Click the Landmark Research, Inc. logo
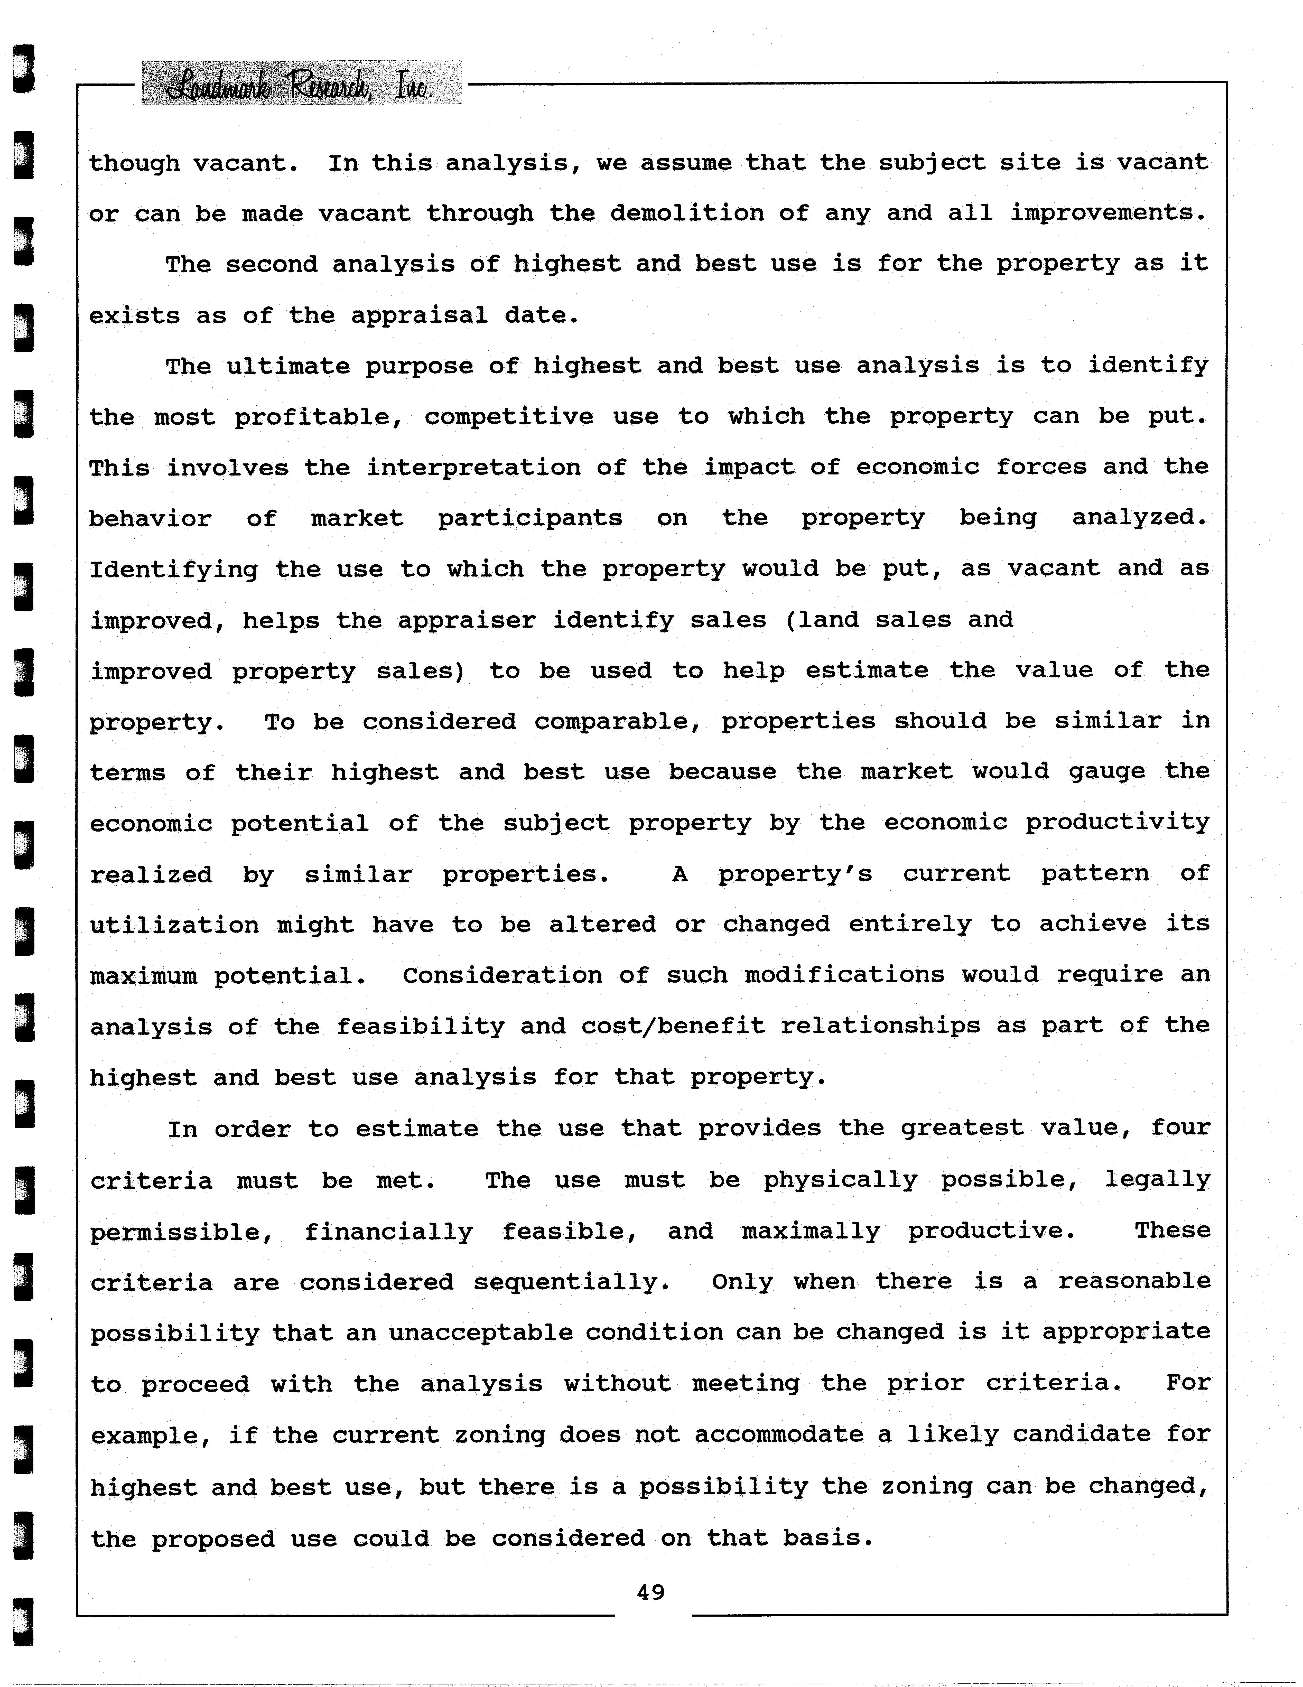click(301, 83)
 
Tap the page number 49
click(650, 1592)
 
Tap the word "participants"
click(530, 518)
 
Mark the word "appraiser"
click(467, 620)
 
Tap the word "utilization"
click(174, 925)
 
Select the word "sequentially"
click(571, 1282)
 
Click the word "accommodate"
click(779, 1434)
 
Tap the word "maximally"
click(810, 1231)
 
